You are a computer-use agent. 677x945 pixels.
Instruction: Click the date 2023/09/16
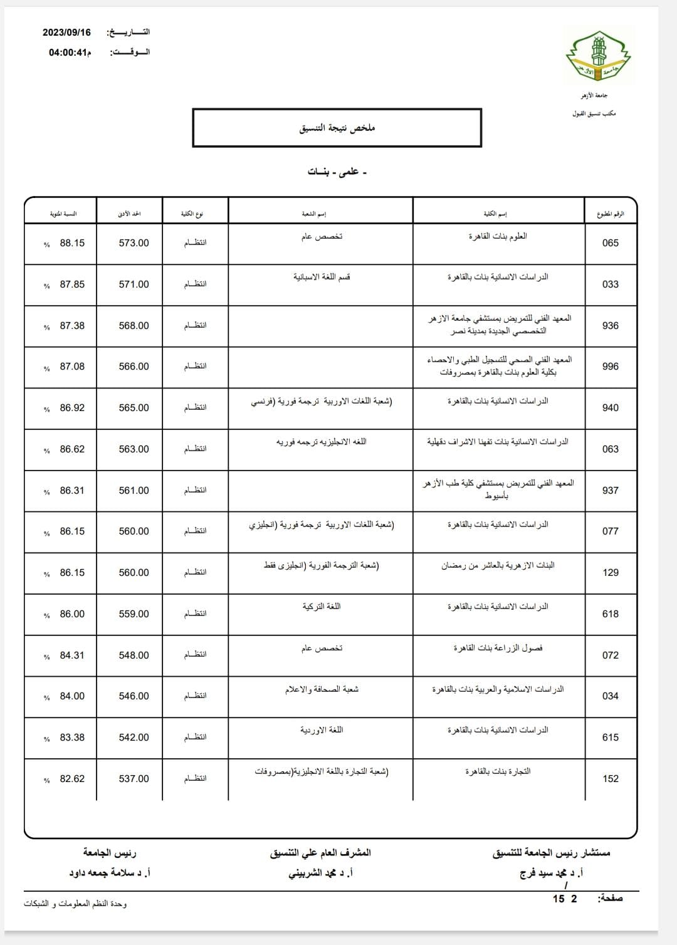[66, 33]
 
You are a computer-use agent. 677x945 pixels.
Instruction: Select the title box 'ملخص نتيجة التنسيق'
[337, 128]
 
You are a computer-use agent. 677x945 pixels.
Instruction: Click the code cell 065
[610, 243]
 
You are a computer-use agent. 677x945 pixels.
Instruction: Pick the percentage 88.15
[72, 243]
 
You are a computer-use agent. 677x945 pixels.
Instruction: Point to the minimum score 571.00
[134, 285]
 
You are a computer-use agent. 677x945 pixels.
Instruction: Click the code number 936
[610, 326]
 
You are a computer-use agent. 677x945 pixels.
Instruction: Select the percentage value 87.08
[72, 367]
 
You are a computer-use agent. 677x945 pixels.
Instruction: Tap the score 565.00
[134, 408]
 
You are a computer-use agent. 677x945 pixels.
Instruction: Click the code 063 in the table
[610, 449]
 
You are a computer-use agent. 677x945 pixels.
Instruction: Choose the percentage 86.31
[72, 491]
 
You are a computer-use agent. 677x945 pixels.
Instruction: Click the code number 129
[610, 573]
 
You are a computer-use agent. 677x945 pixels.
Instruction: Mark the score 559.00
[134, 614]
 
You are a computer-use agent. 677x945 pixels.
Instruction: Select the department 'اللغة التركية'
[322, 607]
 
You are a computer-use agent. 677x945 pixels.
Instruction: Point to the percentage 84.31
[72, 655]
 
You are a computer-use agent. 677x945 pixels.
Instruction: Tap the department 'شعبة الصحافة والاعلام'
[322, 689]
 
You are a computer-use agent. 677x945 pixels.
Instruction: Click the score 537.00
[134, 779]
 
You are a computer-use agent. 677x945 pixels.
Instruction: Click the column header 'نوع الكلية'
[192, 214]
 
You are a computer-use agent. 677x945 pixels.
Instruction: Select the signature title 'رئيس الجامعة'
[110, 853]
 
